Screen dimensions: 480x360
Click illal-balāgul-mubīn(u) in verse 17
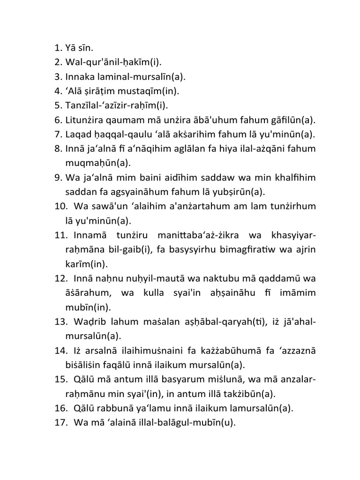188,423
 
